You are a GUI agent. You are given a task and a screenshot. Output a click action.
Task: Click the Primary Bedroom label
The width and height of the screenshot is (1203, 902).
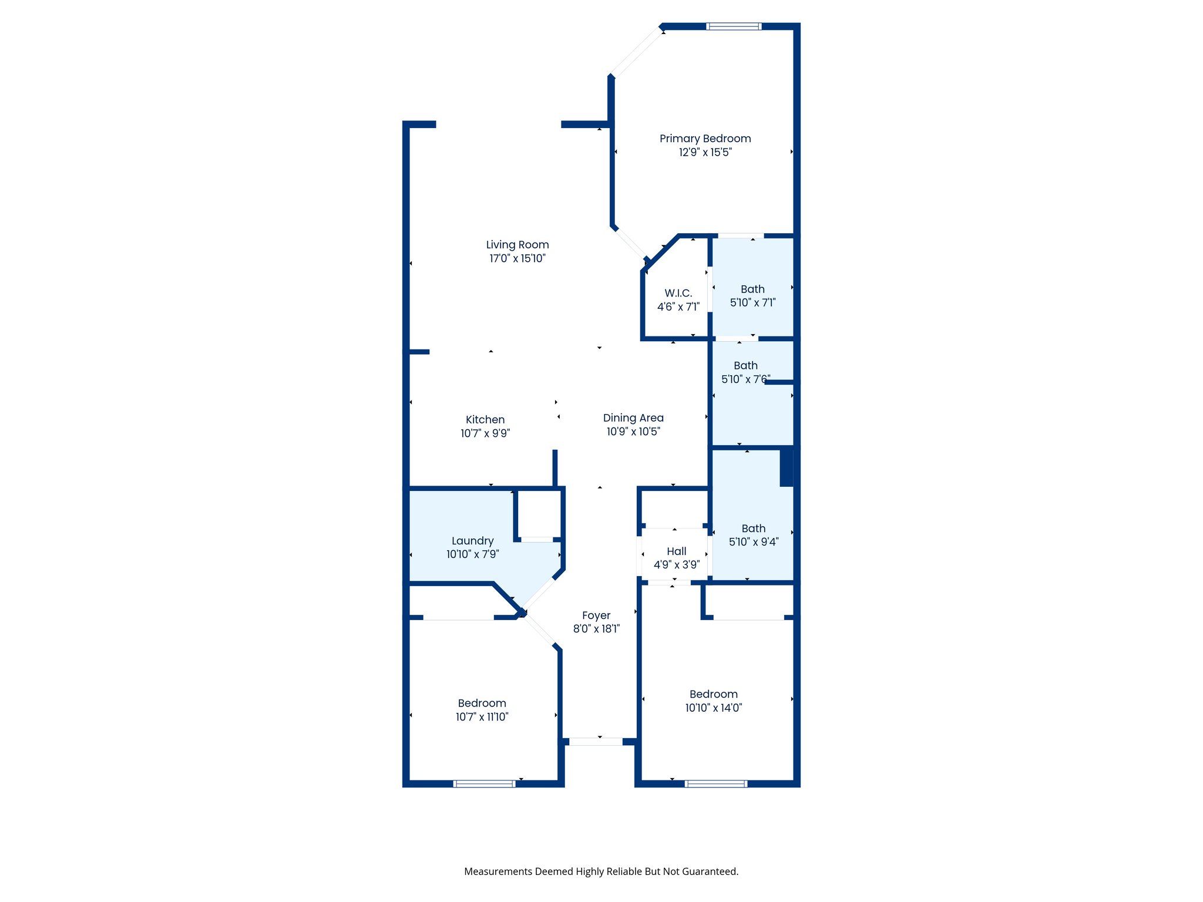(705, 139)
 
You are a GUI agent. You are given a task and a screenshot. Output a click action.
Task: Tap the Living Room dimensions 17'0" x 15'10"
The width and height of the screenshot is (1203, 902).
(518, 258)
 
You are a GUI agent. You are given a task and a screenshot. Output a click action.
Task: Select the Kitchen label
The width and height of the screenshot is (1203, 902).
(485, 419)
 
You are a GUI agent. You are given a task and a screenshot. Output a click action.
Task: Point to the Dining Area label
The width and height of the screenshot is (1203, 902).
(633, 418)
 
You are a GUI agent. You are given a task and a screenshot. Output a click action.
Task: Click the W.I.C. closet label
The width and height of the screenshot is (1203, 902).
(678, 293)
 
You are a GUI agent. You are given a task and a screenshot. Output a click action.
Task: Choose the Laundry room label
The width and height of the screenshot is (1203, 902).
(472, 541)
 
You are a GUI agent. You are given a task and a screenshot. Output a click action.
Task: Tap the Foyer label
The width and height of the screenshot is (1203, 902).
(596, 615)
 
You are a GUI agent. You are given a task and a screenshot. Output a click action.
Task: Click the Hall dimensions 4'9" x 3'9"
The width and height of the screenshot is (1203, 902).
(677, 565)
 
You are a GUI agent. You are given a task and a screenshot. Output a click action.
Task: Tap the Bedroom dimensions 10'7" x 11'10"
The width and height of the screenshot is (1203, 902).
(482, 717)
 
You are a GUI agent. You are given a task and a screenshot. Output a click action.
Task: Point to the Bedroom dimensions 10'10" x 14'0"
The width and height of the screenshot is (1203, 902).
(714, 708)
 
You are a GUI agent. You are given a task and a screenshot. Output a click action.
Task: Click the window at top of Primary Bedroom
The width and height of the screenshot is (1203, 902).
(734, 26)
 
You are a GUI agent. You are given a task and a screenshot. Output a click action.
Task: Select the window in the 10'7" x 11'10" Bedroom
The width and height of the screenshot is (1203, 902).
(485, 783)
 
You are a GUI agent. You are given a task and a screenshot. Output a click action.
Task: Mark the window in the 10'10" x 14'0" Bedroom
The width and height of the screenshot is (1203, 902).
(716, 783)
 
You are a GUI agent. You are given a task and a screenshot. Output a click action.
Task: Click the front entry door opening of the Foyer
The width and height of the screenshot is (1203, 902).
(596, 742)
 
